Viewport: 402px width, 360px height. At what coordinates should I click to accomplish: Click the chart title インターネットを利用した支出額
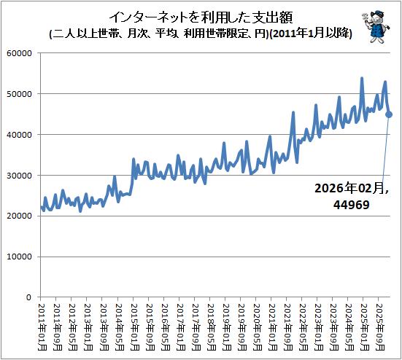tap(201, 17)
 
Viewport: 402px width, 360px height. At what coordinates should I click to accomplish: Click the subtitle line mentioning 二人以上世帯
tap(201, 34)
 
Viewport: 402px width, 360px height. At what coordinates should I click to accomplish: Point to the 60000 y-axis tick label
tap(19, 53)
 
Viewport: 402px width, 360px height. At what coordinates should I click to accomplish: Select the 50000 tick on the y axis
tap(19, 94)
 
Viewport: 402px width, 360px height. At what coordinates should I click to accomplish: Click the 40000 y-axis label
tap(19, 135)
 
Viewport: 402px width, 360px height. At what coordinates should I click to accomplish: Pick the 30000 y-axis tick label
tap(19, 176)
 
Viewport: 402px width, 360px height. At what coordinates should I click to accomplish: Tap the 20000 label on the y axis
tap(19, 216)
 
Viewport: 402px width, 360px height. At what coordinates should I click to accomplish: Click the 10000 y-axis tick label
tap(19, 257)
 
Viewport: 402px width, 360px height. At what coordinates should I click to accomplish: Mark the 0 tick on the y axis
tap(28, 297)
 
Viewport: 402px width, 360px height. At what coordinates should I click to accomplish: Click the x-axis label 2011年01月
tap(42, 327)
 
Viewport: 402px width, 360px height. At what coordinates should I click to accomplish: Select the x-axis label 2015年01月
tap(134, 327)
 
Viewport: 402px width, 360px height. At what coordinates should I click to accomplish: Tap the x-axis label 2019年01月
tap(226, 327)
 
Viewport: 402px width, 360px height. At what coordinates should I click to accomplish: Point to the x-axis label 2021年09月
tap(288, 327)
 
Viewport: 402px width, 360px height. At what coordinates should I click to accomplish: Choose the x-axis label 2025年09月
tap(380, 327)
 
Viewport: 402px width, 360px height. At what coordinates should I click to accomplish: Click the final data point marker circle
tap(389, 114)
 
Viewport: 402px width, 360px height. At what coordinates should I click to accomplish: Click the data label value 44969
tap(352, 205)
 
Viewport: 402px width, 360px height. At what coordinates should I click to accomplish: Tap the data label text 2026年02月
tap(350, 189)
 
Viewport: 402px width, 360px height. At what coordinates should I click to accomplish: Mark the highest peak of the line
tap(362, 78)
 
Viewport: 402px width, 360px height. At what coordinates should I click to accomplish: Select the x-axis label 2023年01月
tap(319, 327)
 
